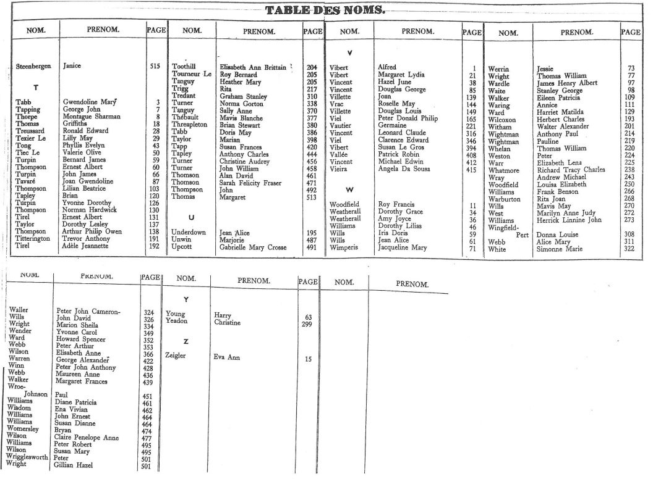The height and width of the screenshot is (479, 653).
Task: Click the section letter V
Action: coord(350,53)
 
